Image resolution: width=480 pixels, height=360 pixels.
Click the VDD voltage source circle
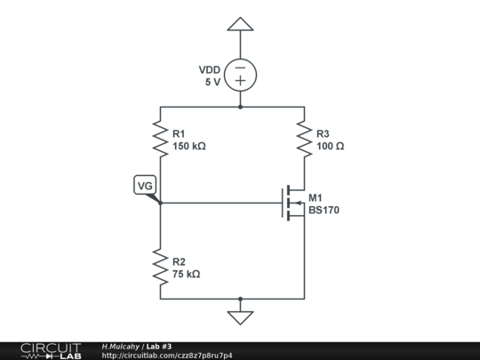click(x=240, y=74)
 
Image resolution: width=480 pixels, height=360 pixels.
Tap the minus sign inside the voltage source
click(x=240, y=67)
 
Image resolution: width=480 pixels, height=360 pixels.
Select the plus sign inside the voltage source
click(x=240, y=81)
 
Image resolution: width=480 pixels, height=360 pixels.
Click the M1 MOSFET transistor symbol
click(x=294, y=204)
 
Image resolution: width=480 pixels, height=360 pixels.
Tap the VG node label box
click(x=145, y=186)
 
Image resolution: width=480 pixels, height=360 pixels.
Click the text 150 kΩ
click(x=189, y=146)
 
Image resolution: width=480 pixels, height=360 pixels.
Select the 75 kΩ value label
click(x=186, y=275)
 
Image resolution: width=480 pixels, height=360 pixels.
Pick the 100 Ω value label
click(x=330, y=146)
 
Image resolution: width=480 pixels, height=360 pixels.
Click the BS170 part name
click(x=324, y=211)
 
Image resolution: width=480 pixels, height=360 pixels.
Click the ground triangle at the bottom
click(x=240, y=316)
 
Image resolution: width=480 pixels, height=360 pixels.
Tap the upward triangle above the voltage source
click(x=240, y=24)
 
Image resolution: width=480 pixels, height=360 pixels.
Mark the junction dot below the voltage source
click(x=240, y=107)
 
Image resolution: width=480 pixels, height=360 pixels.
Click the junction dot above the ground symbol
click(x=240, y=300)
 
